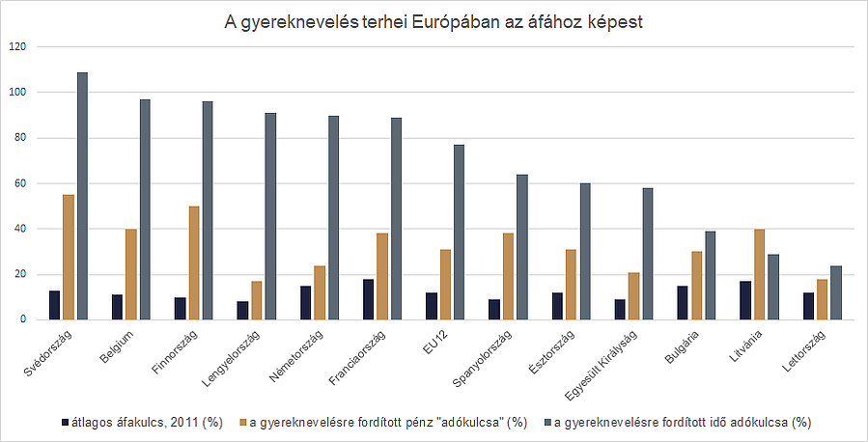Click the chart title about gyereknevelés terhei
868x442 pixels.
tap(434, 21)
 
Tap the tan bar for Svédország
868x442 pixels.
tap(69, 257)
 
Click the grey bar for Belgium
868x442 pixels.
tap(145, 209)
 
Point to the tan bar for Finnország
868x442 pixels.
tap(194, 262)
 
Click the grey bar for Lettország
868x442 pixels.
tap(835, 292)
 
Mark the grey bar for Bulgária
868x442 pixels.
tap(710, 275)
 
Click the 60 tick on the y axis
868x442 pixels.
tap(22, 183)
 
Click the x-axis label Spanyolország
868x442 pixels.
tap(487, 362)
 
